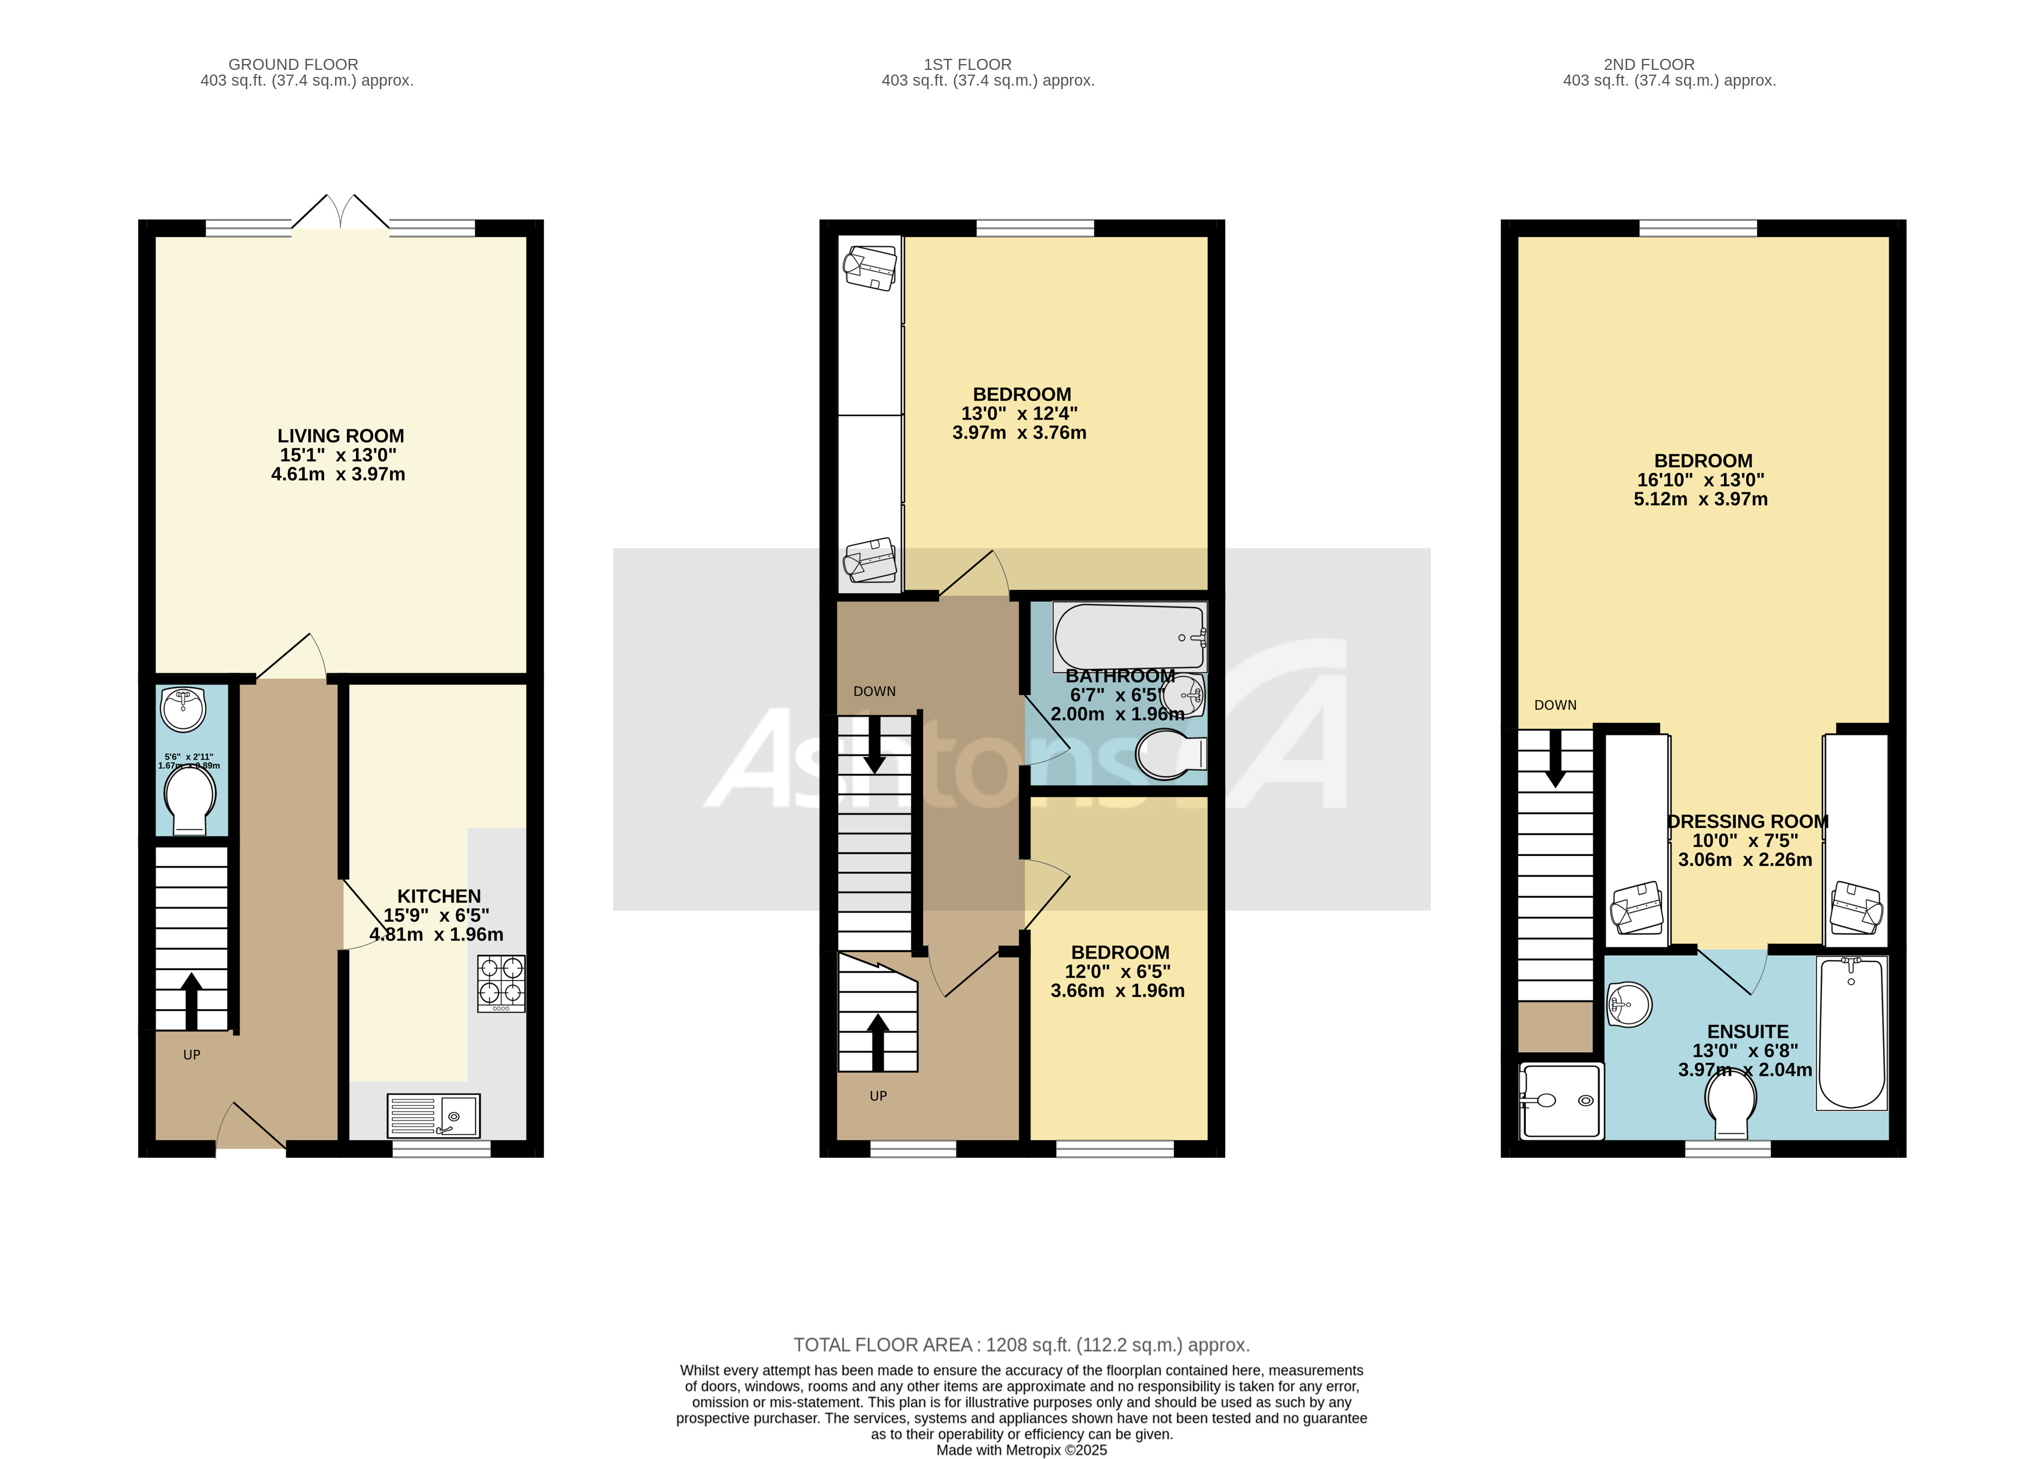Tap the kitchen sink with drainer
(x=433, y=1115)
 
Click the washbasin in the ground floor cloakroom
(x=183, y=708)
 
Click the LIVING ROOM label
(x=340, y=436)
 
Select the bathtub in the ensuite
(x=1851, y=1032)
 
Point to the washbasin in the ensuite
(x=1628, y=1003)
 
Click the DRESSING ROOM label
(x=1747, y=821)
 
